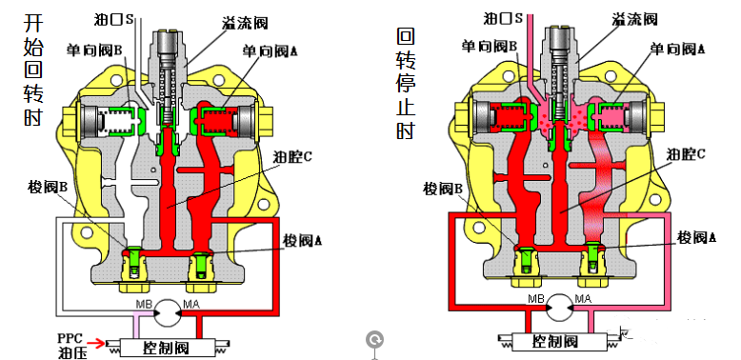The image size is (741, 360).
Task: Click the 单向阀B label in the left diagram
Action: (x=97, y=49)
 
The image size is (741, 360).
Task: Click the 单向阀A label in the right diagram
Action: (x=677, y=47)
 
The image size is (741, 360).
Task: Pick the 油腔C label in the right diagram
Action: (x=686, y=152)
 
